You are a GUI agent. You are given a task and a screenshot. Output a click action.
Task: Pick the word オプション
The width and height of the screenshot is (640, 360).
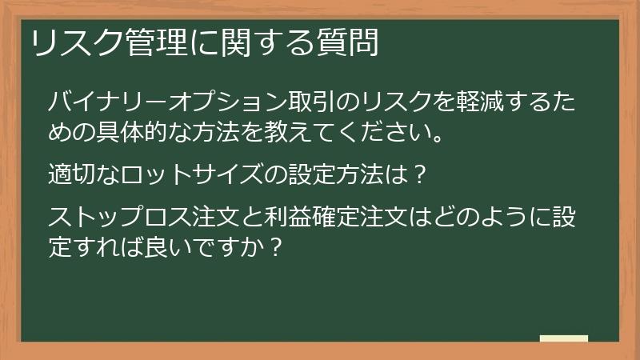coord(215,102)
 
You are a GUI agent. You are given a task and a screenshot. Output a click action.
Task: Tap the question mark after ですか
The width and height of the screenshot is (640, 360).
coord(274,243)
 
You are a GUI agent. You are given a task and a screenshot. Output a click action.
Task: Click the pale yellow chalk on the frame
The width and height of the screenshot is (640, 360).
coord(564,338)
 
